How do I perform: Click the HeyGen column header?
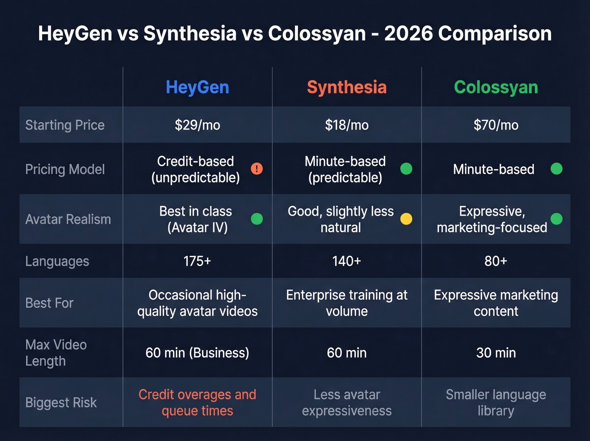click(197, 87)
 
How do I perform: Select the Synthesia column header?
click(346, 87)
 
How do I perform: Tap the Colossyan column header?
click(496, 87)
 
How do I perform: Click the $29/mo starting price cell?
click(197, 125)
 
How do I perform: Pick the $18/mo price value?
click(346, 125)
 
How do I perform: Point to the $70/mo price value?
click(496, 125)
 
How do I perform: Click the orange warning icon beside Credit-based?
click(257, 169)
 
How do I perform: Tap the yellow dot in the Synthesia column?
click(406, 219)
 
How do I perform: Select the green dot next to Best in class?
click(257, 219)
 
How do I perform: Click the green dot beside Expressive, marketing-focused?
click(556, 219)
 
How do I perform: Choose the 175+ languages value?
click(197, 261)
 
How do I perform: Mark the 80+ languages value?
click(496, 261)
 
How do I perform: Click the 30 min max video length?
click(496, 353)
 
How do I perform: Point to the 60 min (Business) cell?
click(197, 353)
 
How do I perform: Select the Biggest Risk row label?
click(61, 403)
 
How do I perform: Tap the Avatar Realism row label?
click(68, 219)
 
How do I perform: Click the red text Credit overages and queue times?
click(197, 403)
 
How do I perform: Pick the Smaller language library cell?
click(496, 403)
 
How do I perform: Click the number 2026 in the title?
click(408, 33)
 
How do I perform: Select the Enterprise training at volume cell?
click(346, 303)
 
